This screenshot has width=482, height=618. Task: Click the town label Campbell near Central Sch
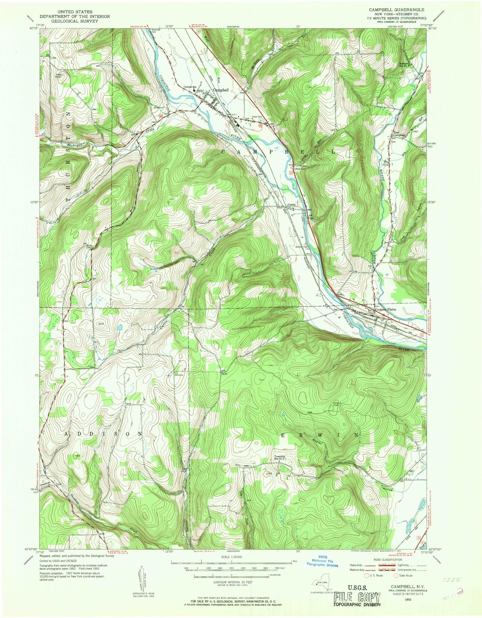click(221, 90)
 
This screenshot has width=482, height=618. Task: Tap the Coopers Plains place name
click(386, 309)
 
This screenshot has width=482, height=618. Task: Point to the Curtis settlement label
click(293, 205)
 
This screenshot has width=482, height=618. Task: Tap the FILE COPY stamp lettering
click(357, 596)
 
